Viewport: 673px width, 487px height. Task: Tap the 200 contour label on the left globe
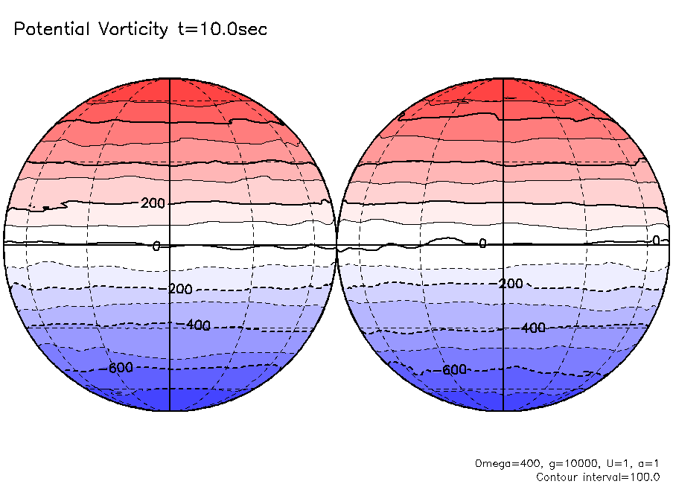tap(153, 203)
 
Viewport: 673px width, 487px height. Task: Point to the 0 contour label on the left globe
tap(156, 246)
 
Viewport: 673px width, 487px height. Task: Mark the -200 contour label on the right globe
tap(509, 284)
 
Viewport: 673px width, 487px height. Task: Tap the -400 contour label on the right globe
tap(532, 328)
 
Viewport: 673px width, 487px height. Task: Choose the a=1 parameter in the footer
tap(645, 463)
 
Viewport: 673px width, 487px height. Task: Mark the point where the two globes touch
tap(336, 244)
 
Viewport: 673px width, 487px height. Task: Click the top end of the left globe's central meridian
tap(170, 78)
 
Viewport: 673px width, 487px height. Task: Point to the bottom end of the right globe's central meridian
tap(504, 410)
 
